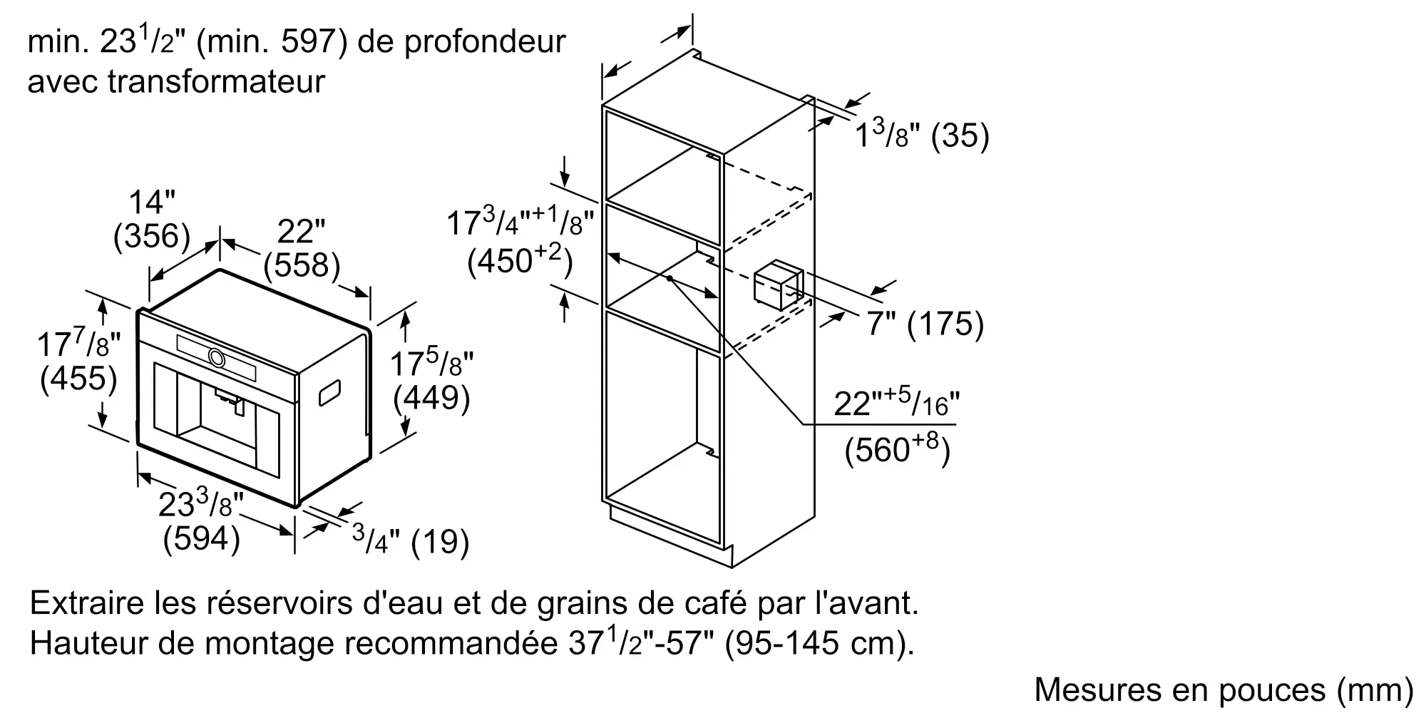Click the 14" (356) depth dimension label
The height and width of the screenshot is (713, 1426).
click(x=152, y=220)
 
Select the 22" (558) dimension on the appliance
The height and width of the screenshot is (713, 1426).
click(x=301, y=248)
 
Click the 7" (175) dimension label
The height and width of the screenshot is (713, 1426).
click(x=925, y=324)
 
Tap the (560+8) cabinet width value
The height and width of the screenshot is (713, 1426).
click(x=897, y=449)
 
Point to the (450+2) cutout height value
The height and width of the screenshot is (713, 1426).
click(x=520, y=261)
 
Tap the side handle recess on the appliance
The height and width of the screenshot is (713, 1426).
click(x=329, y=394)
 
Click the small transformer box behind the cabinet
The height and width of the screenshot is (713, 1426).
click(x=779, y=287)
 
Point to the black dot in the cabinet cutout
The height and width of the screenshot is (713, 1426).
click(x=670, y=277)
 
